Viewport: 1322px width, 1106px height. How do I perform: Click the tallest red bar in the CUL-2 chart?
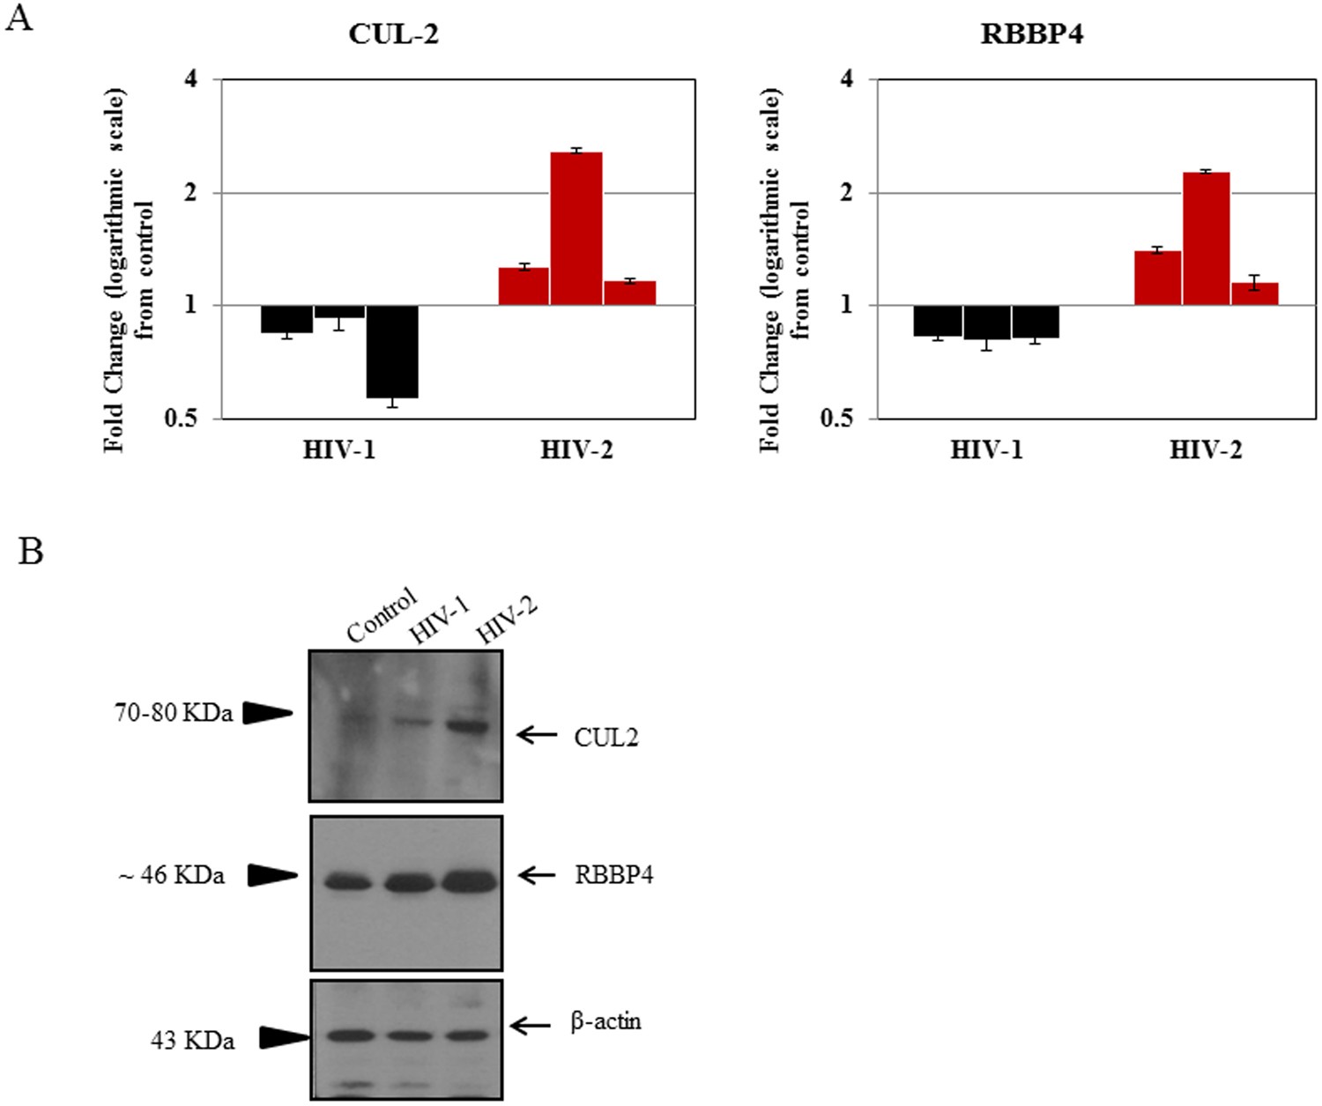(576, 228)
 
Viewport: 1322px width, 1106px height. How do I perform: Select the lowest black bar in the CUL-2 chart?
(392, 352)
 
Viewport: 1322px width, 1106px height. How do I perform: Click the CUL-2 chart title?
(393, 34)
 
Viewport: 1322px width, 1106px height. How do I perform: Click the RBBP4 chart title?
(1031, 34)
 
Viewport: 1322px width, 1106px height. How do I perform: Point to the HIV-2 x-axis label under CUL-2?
(576, 450)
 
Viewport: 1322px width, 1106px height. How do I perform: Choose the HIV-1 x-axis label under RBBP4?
(986, 450)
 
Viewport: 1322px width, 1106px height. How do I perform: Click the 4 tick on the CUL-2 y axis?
(191, 79)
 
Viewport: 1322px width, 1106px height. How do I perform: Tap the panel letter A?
(19, 18)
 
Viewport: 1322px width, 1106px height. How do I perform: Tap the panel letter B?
(31, 552)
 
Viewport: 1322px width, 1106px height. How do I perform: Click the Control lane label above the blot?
(381, 616)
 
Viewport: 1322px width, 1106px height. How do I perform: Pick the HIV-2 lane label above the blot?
(506, 621)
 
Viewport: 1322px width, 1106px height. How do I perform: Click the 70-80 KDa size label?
(174, 713)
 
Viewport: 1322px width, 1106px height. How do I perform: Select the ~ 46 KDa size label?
(172, 876)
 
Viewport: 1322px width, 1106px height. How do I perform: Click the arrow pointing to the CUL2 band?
(537, 734)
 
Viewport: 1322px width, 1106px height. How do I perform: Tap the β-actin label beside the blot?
(605, 1022)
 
